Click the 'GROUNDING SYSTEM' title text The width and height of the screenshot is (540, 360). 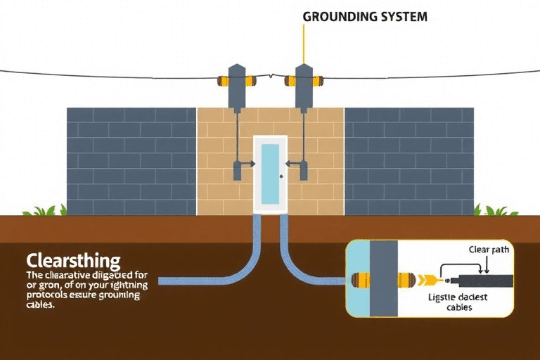click(x=364, y=16)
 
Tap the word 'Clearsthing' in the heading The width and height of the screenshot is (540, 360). click(x=72, y=259)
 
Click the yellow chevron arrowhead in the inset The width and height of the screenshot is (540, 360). click(x=424, y=280)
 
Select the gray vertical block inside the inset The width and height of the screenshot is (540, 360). click(x=384, y=278)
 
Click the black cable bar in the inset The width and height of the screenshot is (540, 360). click(x=485, y=281)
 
